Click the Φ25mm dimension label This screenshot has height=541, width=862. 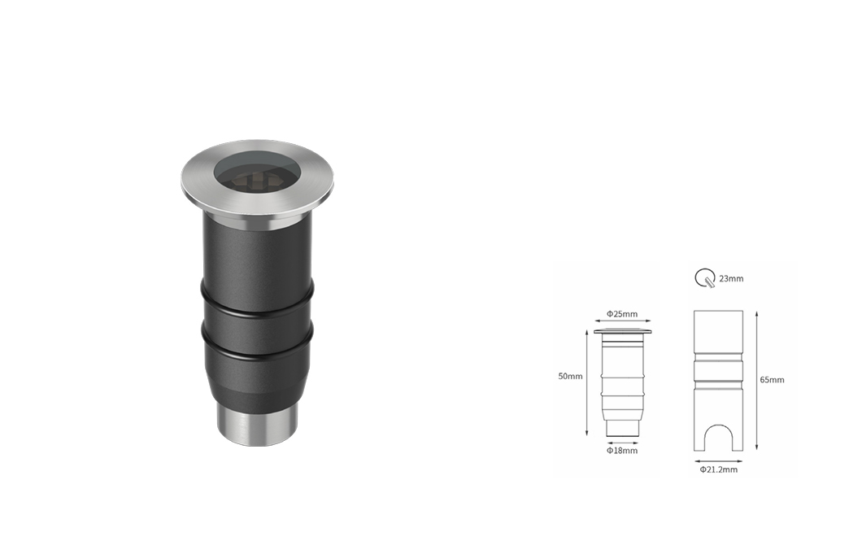[x=622, y=314]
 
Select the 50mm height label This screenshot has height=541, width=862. [x=570, y=376]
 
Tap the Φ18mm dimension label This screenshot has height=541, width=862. [x=622, y=450]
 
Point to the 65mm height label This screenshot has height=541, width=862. [x=772, y=379]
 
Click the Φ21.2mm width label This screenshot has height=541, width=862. [x=719, y=469]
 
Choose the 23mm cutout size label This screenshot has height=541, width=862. [x=731, y=279]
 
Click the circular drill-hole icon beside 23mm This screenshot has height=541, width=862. [x=705, y=278]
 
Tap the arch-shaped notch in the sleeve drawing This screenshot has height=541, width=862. [x=718, y=427]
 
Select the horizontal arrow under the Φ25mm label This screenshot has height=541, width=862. [x=623, y=321]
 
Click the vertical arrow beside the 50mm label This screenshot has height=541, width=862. [x=588, y=384]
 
